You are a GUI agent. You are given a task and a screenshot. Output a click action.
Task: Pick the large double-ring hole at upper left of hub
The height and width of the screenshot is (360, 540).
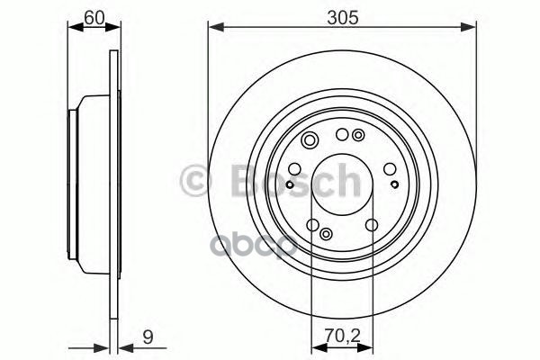tap(310, 139)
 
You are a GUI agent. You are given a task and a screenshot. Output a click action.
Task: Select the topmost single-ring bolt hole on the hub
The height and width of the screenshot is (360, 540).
tap(341, 135)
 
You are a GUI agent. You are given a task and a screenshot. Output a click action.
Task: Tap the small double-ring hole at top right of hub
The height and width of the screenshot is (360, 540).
tap(359, 136)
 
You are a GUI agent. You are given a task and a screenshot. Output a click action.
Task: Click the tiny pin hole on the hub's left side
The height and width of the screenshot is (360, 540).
tap(287, 184)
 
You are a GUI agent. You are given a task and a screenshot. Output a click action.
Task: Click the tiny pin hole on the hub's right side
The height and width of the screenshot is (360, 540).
tap(395, 184)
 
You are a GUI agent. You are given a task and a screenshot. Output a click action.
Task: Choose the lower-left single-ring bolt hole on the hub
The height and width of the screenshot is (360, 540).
tap(312, 226)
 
